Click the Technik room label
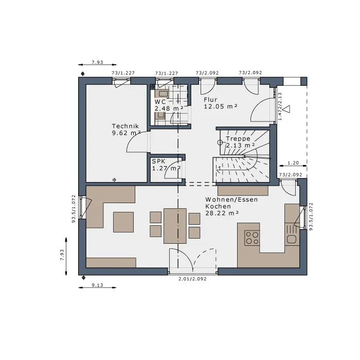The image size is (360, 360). pos(125,126)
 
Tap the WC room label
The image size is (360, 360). pos(160,102)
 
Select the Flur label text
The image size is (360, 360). pos(210,100)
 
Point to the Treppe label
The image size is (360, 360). pos(238,139)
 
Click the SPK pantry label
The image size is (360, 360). pos(158,161)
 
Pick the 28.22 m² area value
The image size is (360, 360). pos(222,213)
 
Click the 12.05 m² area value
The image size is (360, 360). pos(221,106)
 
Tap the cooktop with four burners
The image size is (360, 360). pos(252,238)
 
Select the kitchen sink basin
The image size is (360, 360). pos(292,240)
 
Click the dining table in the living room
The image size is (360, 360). pos(175,226)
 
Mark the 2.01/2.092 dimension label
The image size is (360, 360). pos(193,279)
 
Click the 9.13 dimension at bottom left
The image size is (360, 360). pos(98,285)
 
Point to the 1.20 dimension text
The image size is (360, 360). pos(293,163)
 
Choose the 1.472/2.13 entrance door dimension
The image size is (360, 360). pos(280,106)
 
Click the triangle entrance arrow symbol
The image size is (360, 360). pos(286,109)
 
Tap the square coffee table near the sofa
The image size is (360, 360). pos(123,222)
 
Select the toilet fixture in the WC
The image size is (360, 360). pos(159,116)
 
